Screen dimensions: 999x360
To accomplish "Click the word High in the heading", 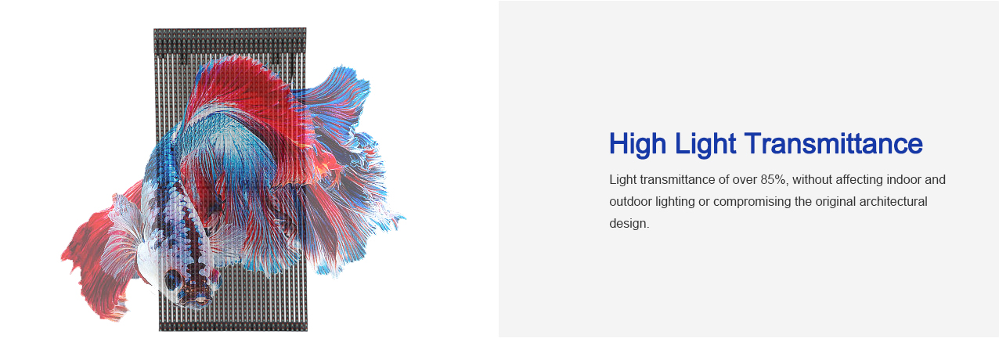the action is point(638,144).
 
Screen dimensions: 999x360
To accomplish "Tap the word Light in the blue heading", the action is point(705,144).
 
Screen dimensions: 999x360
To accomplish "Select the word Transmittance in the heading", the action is point(833,143).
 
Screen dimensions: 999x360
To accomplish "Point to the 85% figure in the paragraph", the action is point(774,179).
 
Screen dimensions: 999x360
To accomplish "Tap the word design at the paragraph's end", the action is point(629,224).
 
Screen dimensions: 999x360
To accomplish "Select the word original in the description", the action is point(835,202).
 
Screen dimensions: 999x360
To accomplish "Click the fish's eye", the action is point(172,279).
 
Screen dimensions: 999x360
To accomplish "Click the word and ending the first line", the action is point(936,179).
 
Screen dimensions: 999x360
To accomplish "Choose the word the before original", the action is point(803,201).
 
